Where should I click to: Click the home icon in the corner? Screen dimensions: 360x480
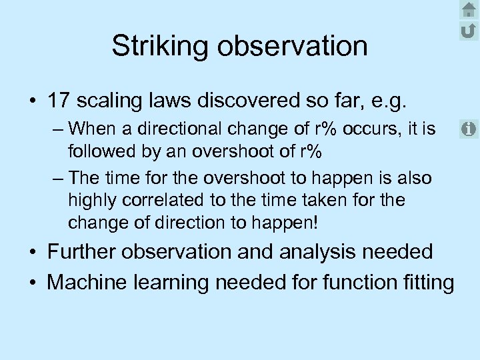click(x=468, y=9)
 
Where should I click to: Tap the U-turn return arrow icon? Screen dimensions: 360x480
click(x=468, y=30)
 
